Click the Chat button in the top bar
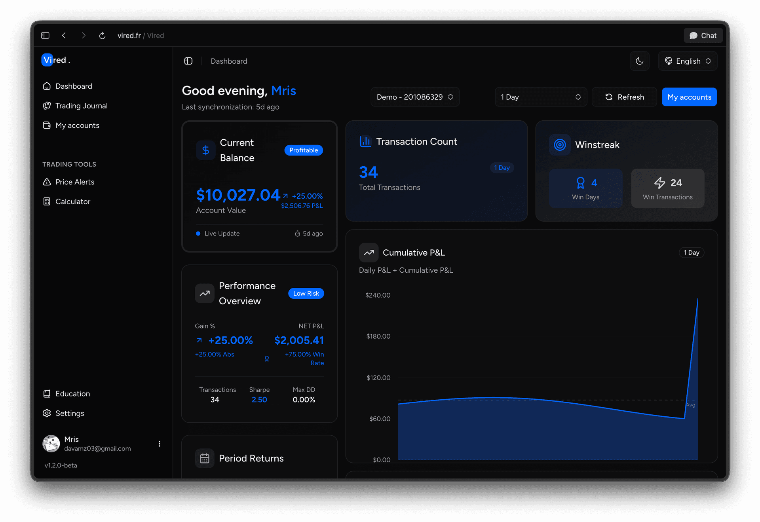point(703,36)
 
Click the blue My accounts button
point(689,97)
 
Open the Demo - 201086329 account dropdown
point(414,97)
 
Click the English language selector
point(688,61)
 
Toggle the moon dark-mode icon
point(640,61)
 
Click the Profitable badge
point(304,150)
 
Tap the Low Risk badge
point(306,293)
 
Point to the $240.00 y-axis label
point(378,295)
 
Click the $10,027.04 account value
point(238,195)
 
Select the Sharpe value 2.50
point(259,400)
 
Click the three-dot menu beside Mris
point(160,444)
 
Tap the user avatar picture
point(51,444)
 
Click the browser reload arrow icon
point(102,36)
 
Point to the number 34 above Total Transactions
point(369,172)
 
